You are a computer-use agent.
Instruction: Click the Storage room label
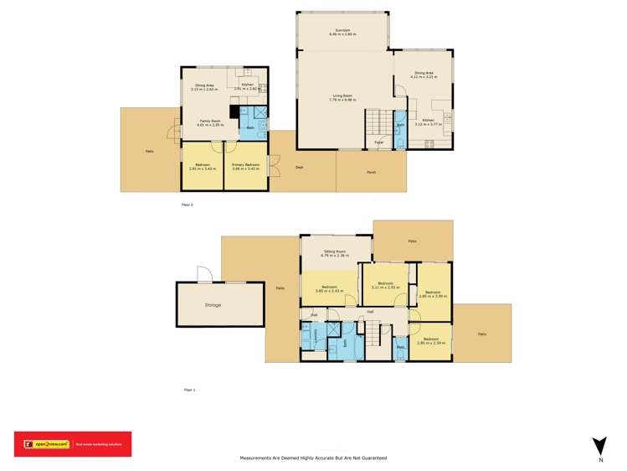213,305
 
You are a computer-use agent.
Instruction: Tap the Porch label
371,173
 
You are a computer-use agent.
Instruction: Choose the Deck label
299,168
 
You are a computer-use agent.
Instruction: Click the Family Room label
210,122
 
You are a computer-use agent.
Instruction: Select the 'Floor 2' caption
187,204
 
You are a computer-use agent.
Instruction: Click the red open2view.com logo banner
73,444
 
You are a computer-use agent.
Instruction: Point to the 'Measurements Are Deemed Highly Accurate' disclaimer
313,458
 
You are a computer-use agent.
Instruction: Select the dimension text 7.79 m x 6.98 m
344,100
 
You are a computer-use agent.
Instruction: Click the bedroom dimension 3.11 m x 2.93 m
385,287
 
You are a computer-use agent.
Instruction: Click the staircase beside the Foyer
377,122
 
